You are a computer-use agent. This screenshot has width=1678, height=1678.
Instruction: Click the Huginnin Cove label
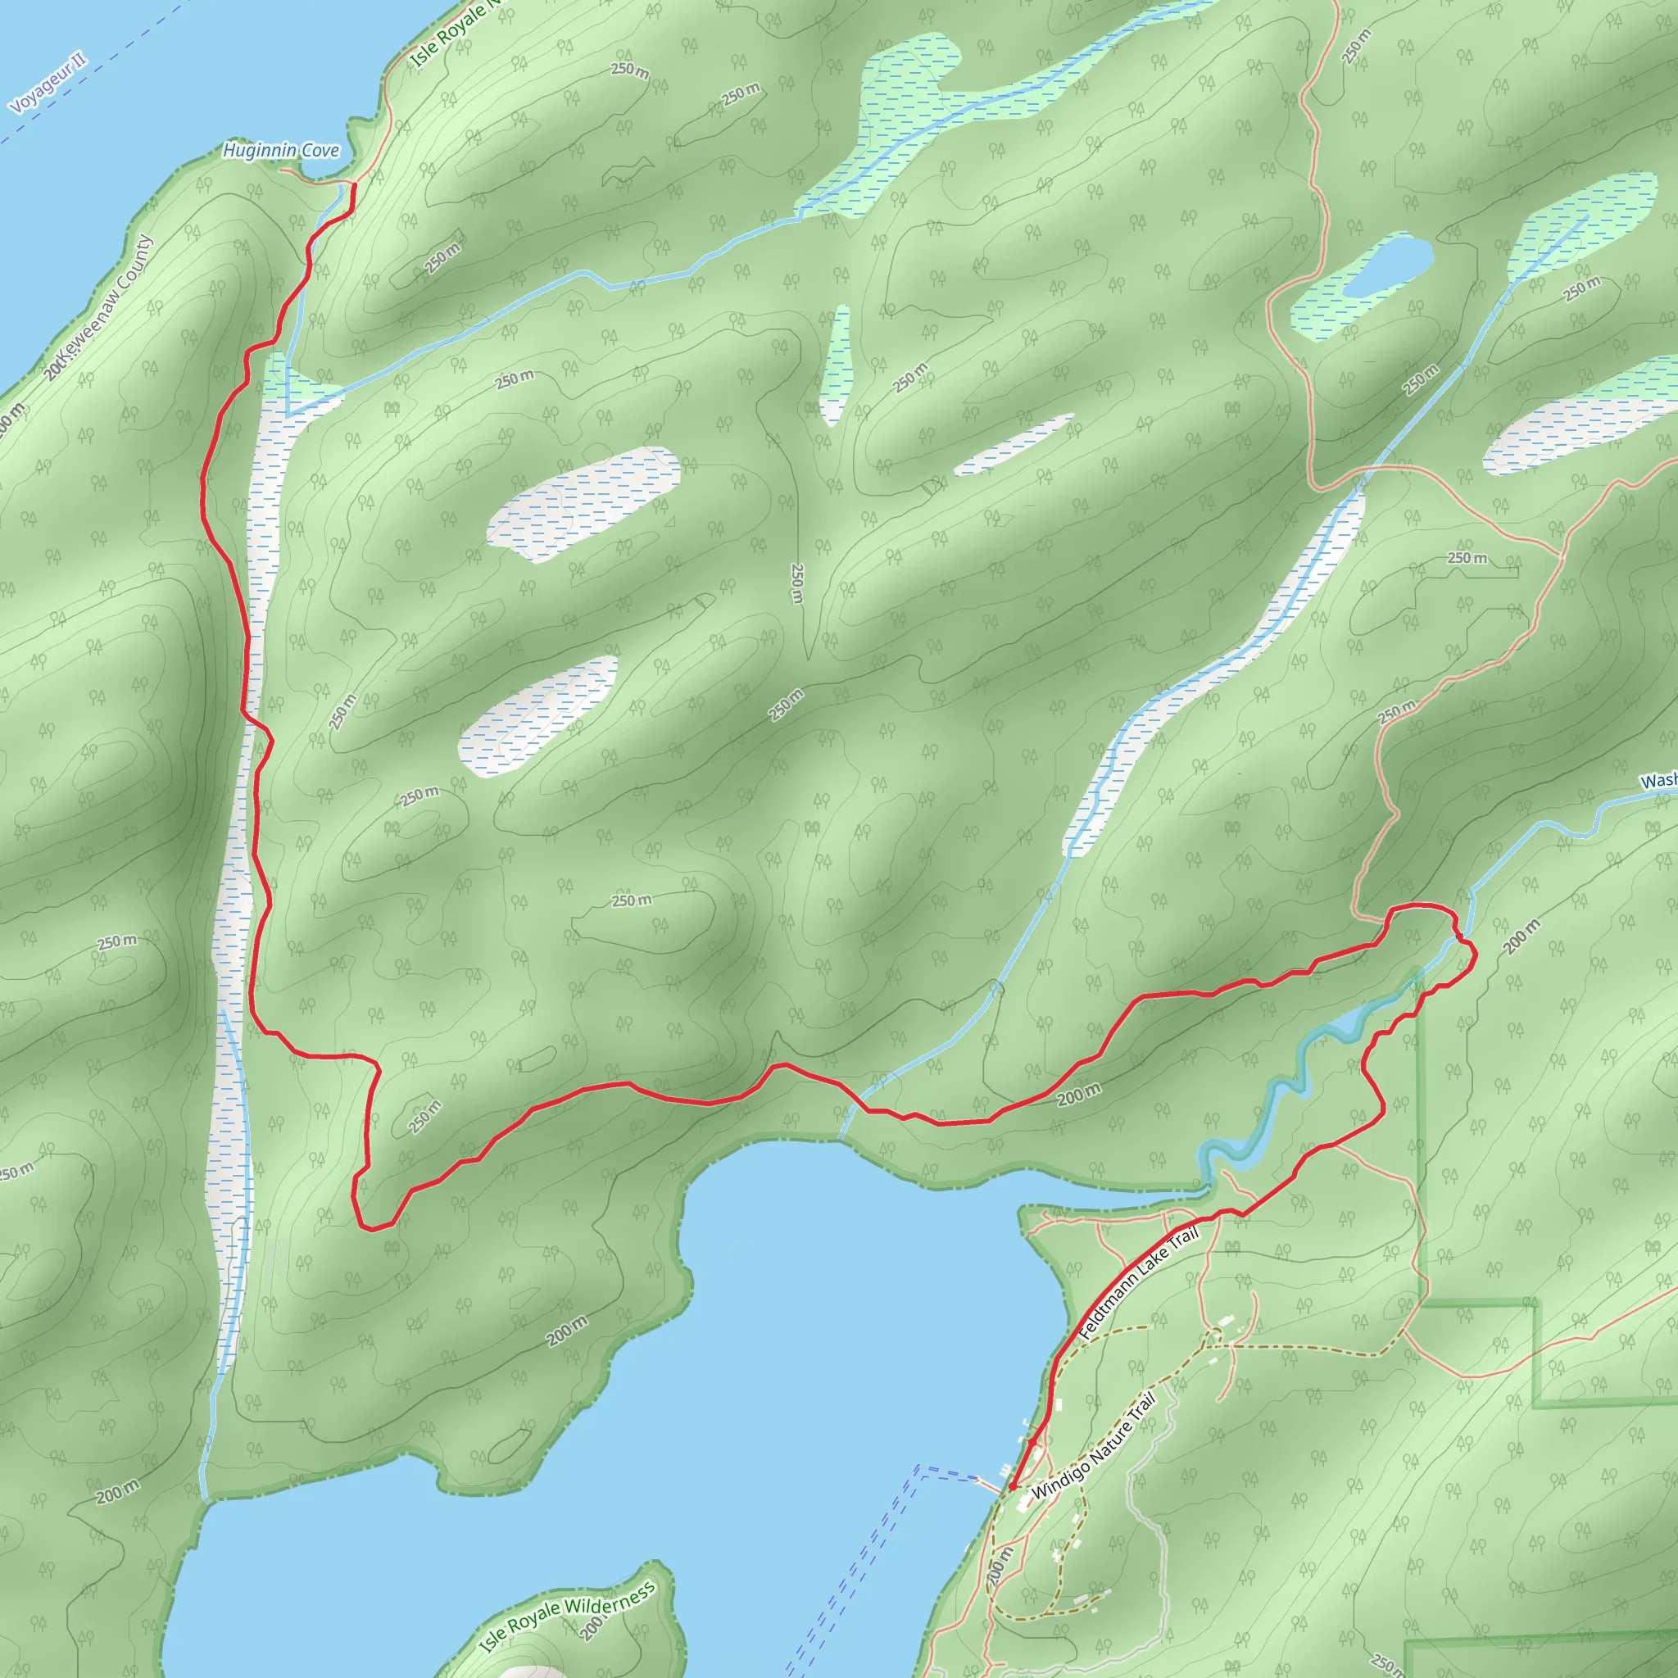(280, 151)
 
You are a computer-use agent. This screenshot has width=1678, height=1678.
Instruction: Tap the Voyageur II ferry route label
(48, 84)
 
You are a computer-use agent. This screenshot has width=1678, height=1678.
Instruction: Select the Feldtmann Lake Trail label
(1138, 1286)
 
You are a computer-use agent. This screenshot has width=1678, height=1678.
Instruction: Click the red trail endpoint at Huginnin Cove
(353, 186)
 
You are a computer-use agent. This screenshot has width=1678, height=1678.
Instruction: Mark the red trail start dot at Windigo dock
(1012, 1487)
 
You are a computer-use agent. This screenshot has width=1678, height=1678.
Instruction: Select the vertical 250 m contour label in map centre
(796, 583)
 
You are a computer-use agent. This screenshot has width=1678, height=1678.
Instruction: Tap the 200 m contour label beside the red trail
(1079, 1095)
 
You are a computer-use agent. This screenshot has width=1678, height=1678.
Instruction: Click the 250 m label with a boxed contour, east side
(1467, 558)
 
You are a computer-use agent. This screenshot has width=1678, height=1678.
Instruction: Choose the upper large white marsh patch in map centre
(583, 504)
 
